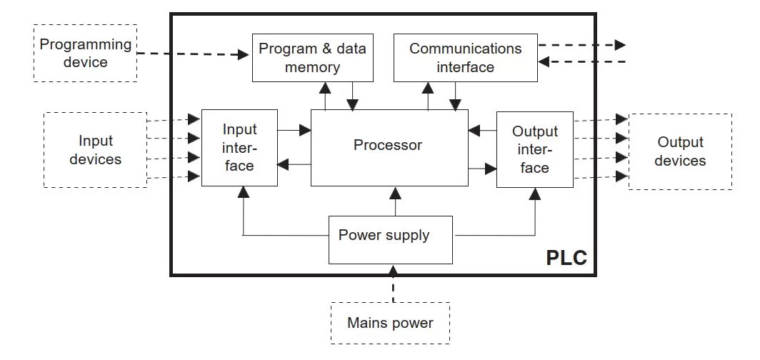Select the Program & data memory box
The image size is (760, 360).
point(312,58)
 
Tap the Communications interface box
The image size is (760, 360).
point(465,58)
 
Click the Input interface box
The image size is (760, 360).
point(239,148)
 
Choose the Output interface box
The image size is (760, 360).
point(534,149)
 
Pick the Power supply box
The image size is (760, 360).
point(391,239)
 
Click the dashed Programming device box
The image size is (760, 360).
point(84,54)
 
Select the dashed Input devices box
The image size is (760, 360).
point(95,150)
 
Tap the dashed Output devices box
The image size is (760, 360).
point(679,151)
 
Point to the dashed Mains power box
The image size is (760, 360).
point(391,323)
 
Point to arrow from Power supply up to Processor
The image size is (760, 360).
point(391,201)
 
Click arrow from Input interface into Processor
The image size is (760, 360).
point(294,130)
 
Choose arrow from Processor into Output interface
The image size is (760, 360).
point(482,169)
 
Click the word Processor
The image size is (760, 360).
point(388,145)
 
